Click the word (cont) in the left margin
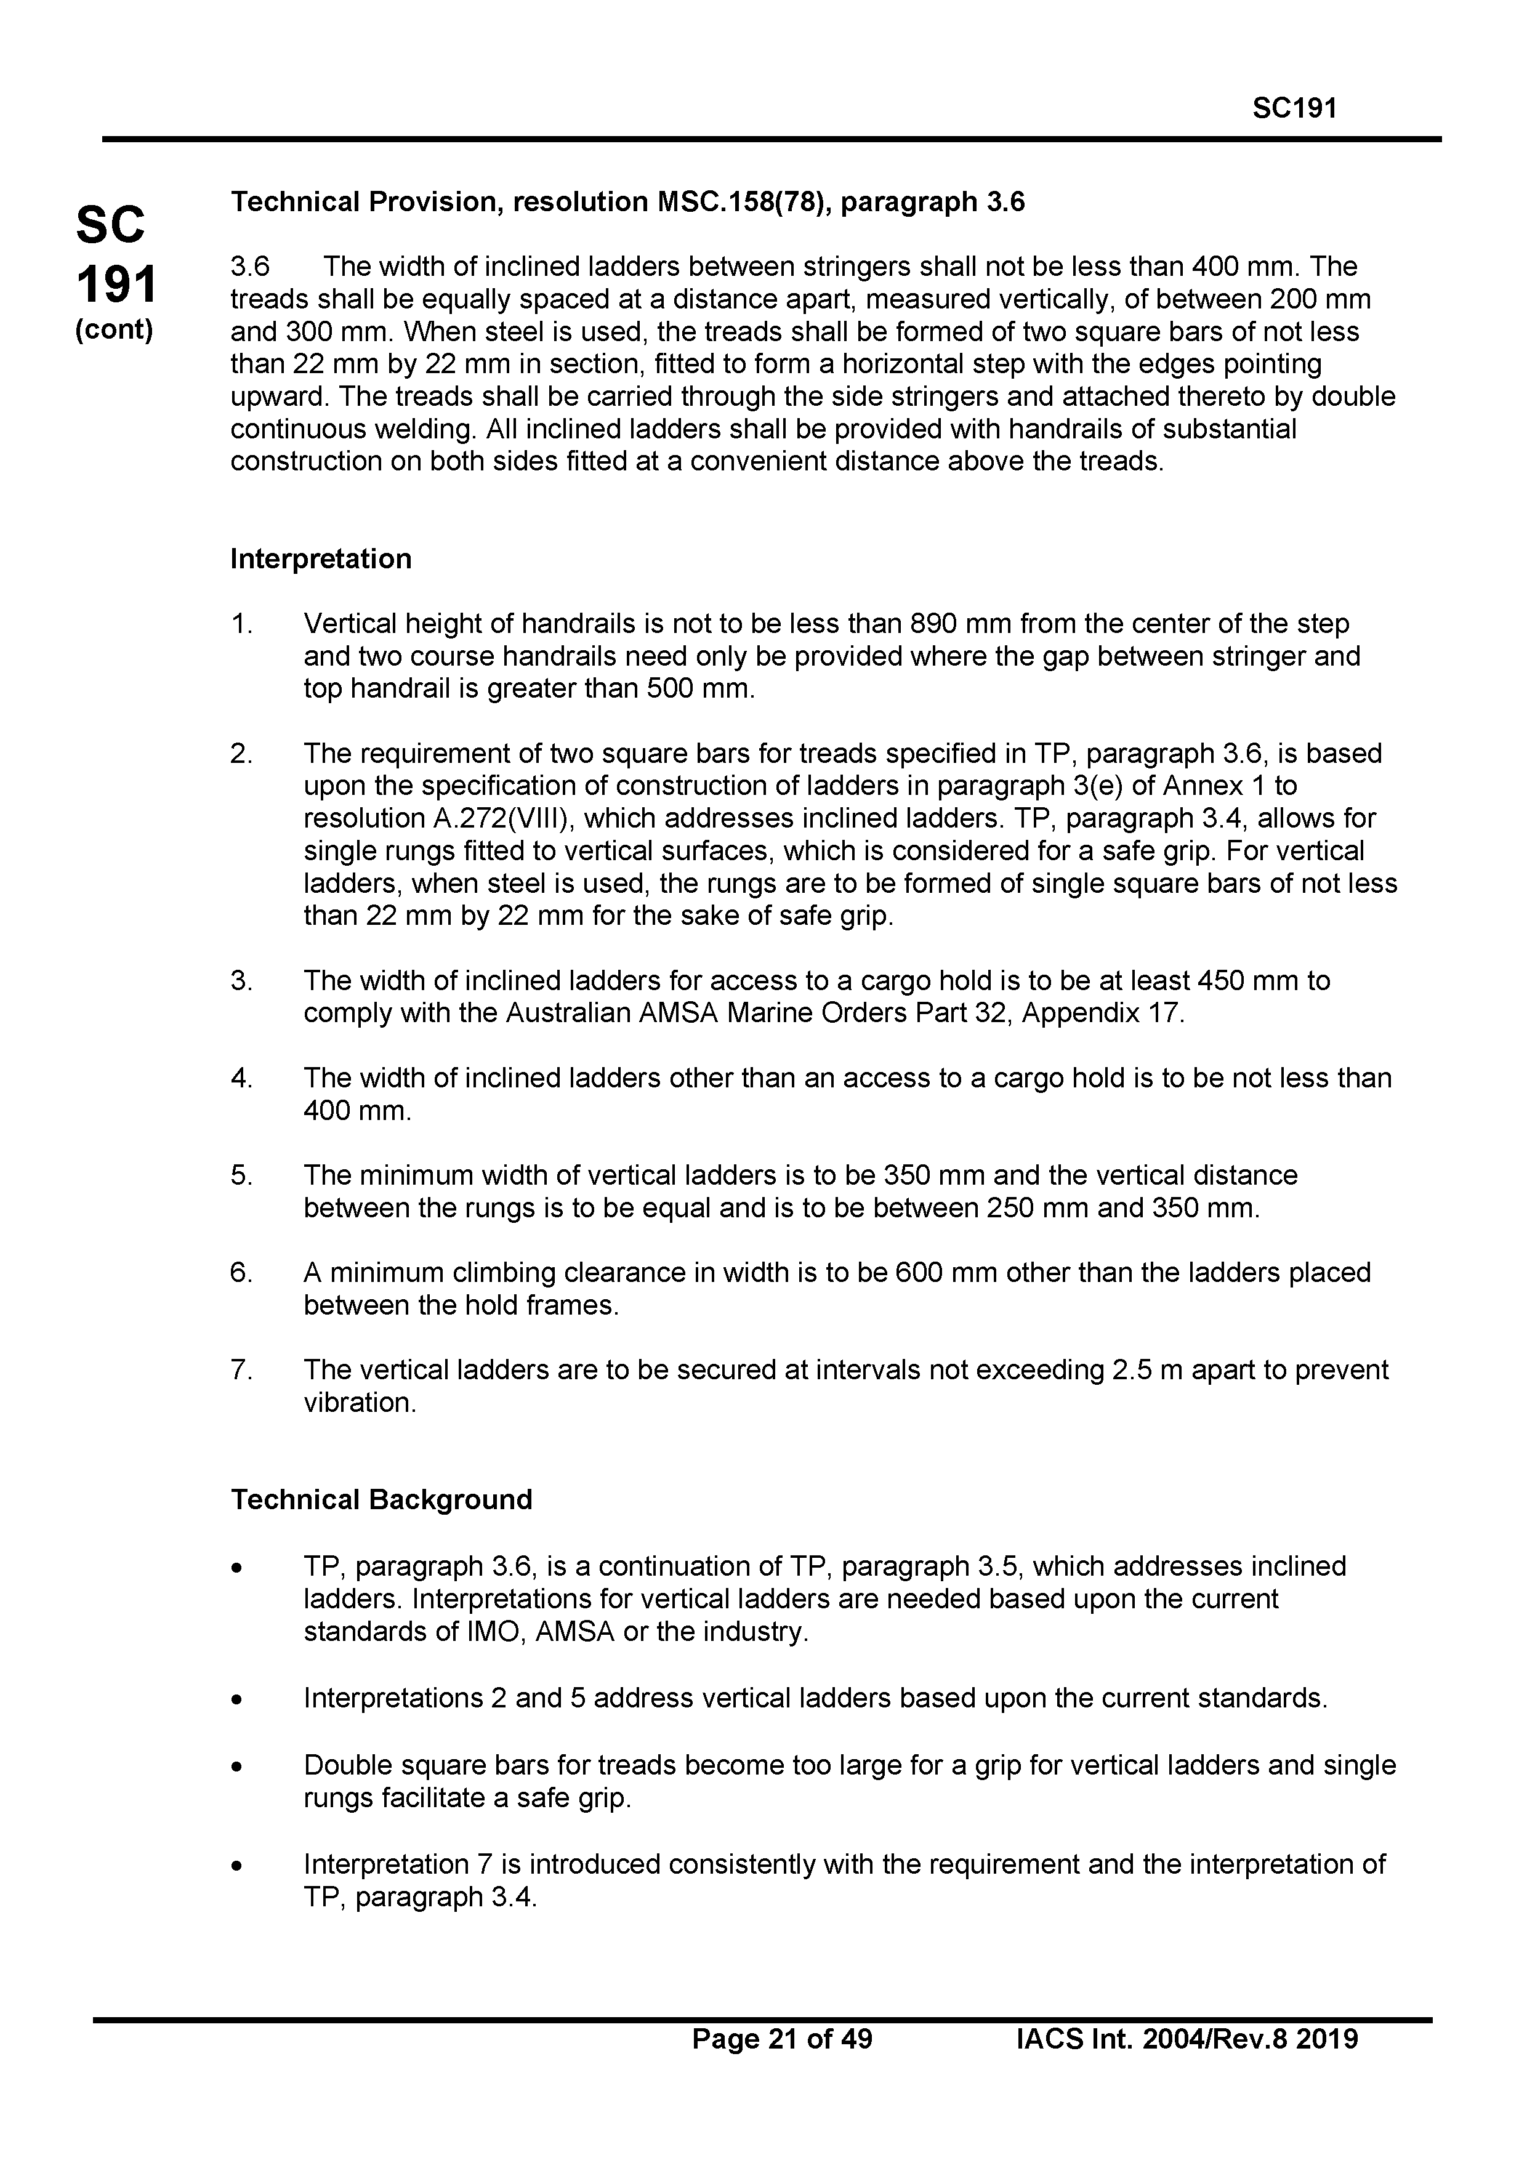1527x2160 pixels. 114,330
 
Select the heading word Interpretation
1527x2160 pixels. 321,559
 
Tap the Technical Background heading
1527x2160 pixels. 381,1499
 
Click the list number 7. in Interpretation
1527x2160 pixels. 241,1370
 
